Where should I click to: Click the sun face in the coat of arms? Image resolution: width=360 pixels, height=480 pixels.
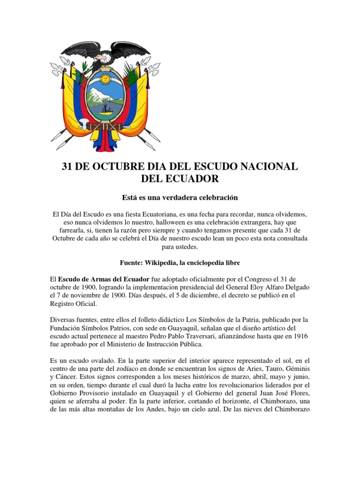(x=106, y=78)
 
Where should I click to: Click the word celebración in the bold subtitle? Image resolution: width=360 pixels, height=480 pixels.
(x=214, y=197)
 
